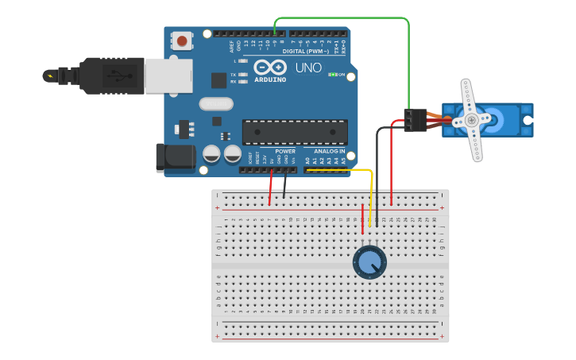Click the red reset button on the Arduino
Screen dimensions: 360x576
[184, 41]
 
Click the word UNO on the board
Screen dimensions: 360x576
[308, 68]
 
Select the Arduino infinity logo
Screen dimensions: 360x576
[271, 68]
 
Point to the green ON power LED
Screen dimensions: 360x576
[333, 75]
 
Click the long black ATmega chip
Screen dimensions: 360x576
[295, 133]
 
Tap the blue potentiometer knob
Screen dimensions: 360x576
[369, 261]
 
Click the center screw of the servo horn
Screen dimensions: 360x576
[472, 120]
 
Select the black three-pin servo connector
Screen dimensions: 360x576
[415, 119]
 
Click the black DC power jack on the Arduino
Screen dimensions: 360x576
[176, 157]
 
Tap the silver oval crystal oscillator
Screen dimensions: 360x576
[215, 103]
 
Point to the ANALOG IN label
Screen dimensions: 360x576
[329, 151]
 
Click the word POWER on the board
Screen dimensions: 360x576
[285, 151]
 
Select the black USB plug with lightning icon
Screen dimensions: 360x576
[95, 75]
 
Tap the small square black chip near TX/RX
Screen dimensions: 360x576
[218, 80]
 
